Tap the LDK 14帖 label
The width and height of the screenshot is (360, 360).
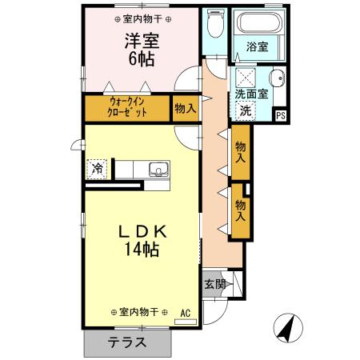click(142, 239)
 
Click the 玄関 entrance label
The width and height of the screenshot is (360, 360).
click(213, 284)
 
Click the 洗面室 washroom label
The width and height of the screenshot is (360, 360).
click(252, 94)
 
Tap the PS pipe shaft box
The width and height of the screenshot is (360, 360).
click(280, 114)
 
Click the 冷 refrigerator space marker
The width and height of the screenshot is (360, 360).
click(97, 169)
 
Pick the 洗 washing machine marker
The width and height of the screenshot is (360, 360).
click(246, 110)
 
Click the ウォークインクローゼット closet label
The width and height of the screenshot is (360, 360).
click(128, 107)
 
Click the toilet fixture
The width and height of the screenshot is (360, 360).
click(213, 25)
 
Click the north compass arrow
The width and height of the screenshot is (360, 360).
click(285, 326)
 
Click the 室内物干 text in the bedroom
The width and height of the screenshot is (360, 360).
click(142, 18)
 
